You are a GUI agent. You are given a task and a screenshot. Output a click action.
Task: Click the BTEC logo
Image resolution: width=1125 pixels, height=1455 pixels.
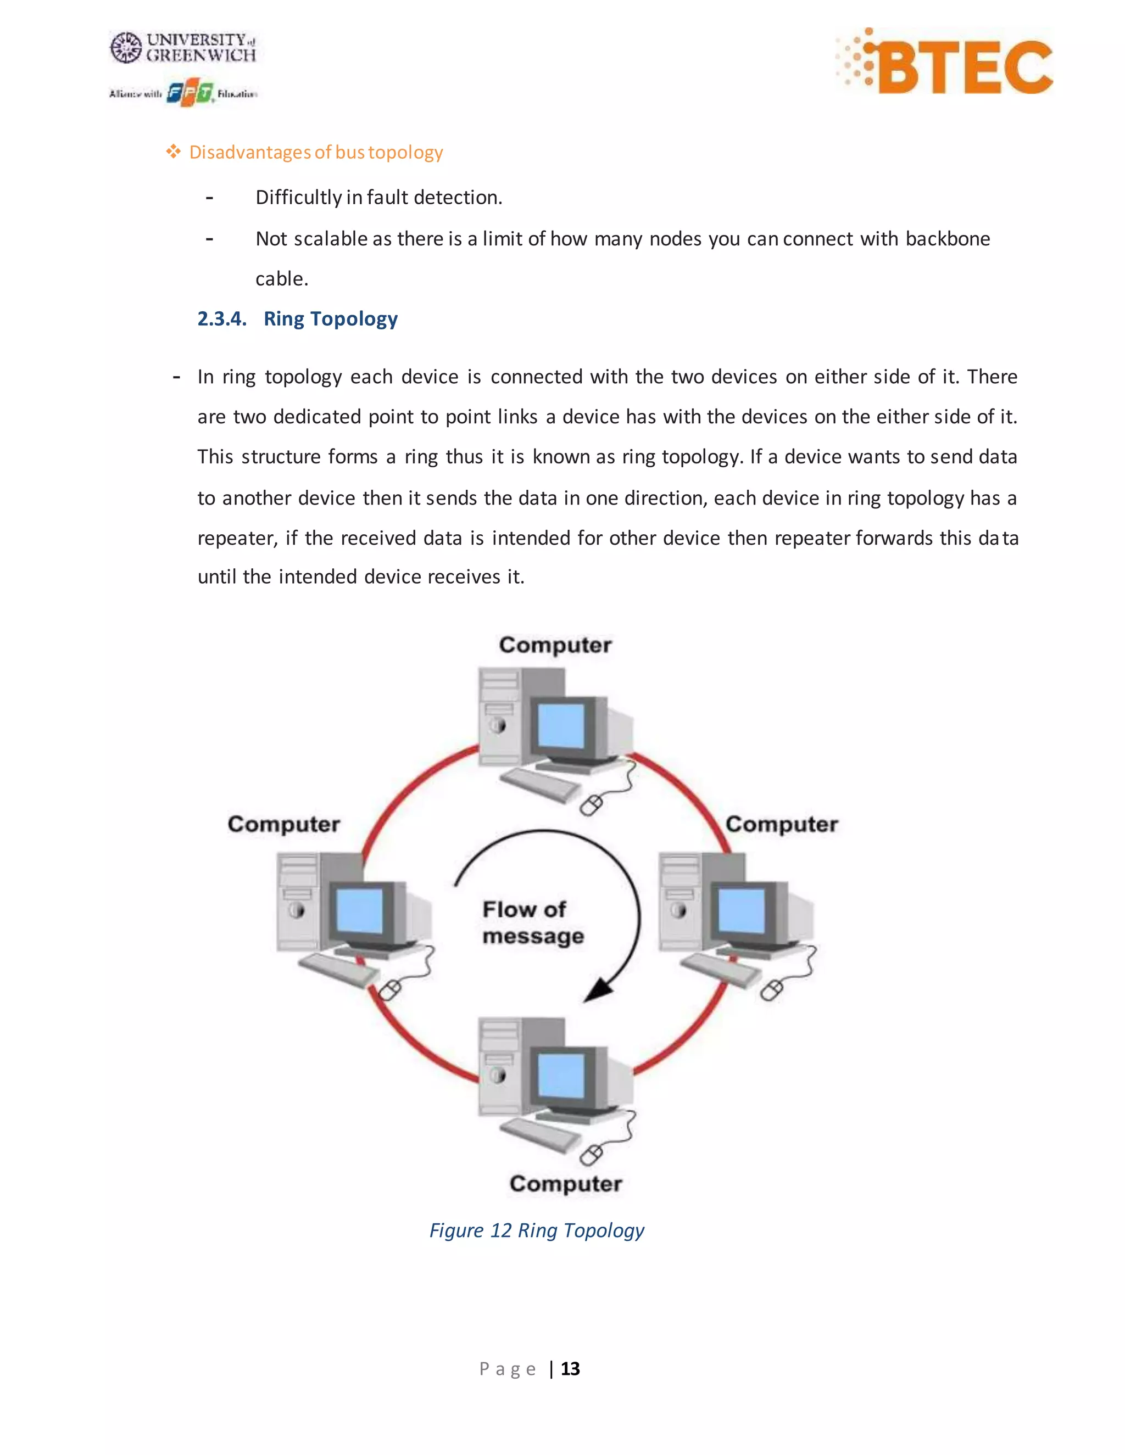[x=945, y=64]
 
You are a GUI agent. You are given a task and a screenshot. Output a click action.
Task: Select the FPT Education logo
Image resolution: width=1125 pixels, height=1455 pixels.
[x=190, y=93]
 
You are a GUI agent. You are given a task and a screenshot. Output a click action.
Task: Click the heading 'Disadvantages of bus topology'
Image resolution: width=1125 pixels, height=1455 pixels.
[x=315, y=153]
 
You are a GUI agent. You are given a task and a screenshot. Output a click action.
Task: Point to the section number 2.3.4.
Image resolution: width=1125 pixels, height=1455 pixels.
[x=221, y=319]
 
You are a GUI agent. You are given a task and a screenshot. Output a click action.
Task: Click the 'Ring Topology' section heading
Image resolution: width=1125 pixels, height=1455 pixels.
[x=331, y=319]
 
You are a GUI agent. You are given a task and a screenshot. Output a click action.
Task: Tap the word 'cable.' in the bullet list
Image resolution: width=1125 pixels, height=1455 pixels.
[x=282, y=278]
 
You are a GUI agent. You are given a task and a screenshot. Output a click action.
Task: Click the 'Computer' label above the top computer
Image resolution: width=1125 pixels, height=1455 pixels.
[x=555, y=645]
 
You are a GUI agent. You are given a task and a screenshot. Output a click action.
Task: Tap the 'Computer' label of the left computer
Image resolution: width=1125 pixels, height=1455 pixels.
[x=284, y=824]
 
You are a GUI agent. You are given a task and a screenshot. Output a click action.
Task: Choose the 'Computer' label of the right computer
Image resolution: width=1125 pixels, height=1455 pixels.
[x=782, y=824]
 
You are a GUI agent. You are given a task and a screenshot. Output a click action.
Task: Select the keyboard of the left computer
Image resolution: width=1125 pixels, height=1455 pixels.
[x=337, y=971]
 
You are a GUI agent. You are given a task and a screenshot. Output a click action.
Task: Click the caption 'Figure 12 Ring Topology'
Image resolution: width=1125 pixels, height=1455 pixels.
[x=537, y=1230]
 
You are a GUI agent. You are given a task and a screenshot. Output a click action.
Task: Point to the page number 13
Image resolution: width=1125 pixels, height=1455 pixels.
[x=571, y=1369]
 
